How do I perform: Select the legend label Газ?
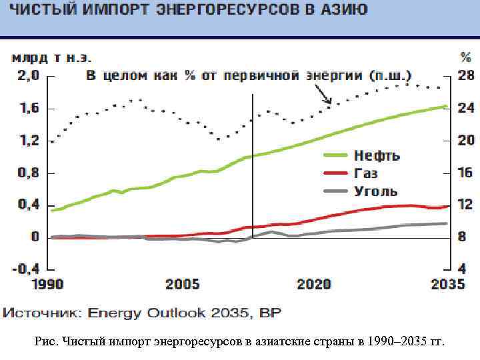tap(366, 173)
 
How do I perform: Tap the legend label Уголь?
tap(375, 191)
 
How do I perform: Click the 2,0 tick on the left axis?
tap(27, 75)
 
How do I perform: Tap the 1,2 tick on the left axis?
tap(27, 140)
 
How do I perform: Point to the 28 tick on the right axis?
tap(465, 75)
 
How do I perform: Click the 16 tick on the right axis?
tap(465, 173)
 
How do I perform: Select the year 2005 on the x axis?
tap(182, 285)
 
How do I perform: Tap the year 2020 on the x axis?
tap(313, 285)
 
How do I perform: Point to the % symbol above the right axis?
tap(465, 57)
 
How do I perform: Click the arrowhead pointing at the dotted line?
tap(329, 103)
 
